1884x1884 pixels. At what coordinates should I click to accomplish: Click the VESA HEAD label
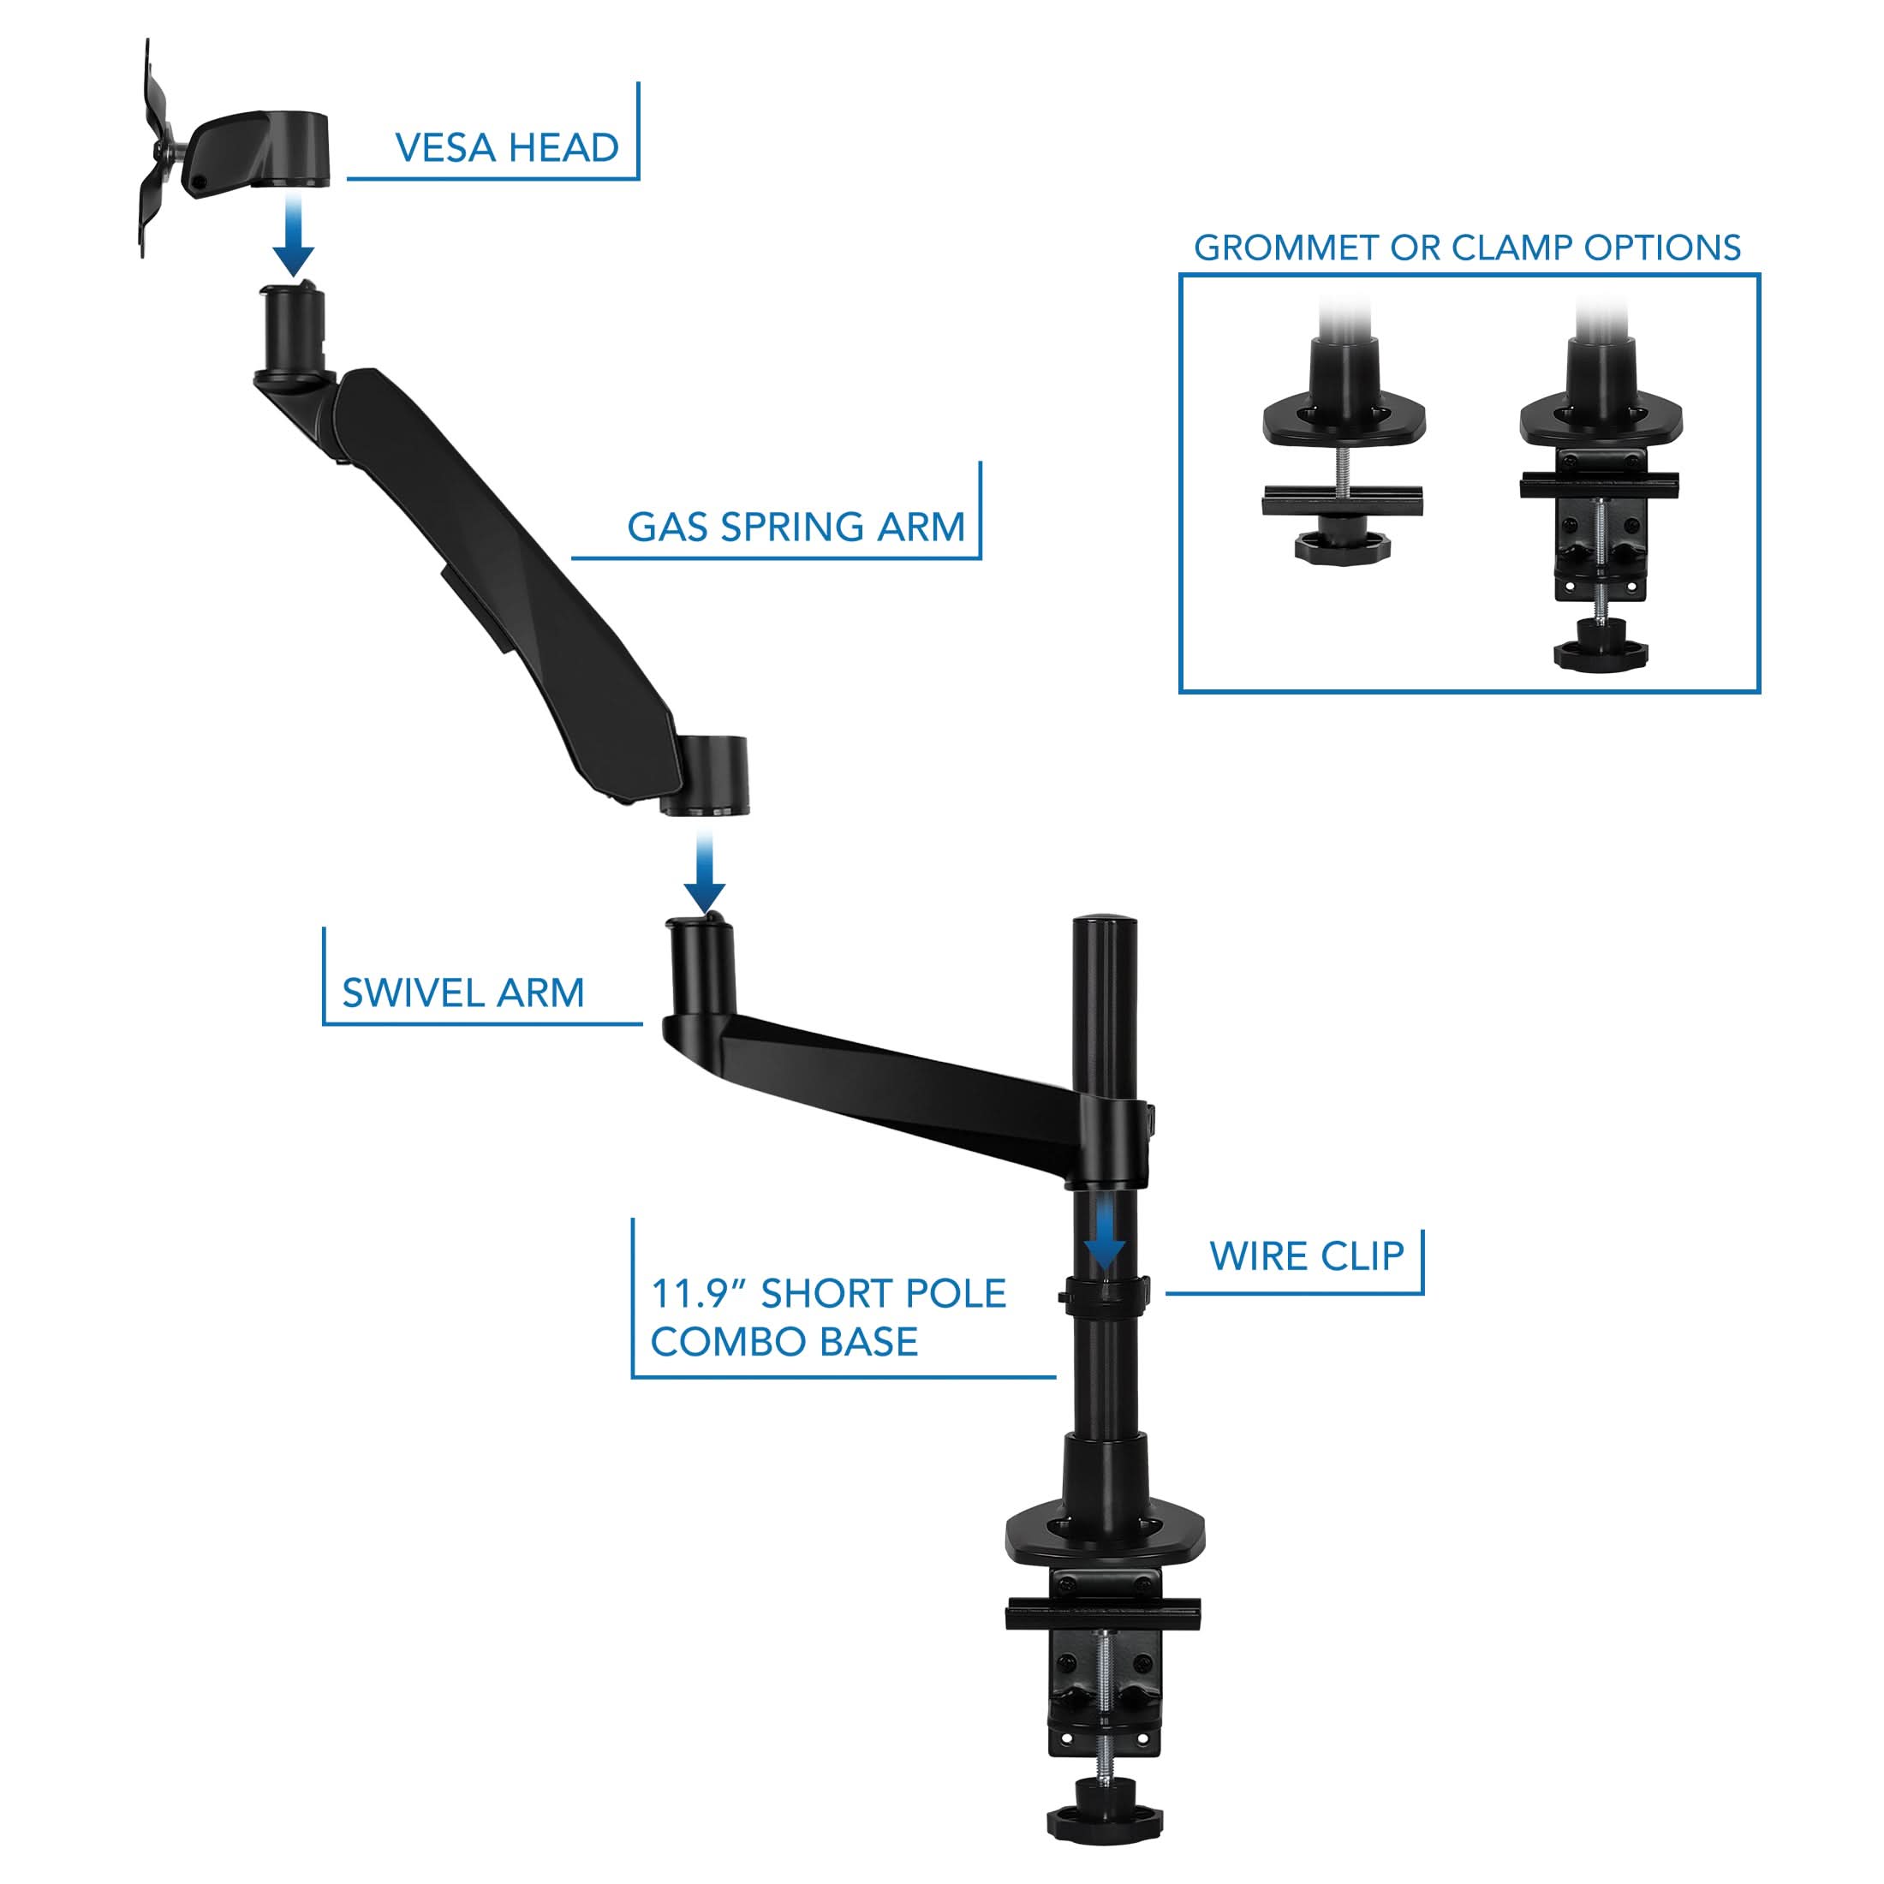pos(506,148)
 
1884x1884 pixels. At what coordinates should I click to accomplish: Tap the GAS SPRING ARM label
pos(796,528)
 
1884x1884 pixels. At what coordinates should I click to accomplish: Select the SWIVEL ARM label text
pos(463,993)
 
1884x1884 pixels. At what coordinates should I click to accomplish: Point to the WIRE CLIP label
pos(1307,1256)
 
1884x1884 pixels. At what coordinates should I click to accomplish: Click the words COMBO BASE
pos(784,1342)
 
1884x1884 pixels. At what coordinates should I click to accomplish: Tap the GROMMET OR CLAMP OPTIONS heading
pos(1467,247)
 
